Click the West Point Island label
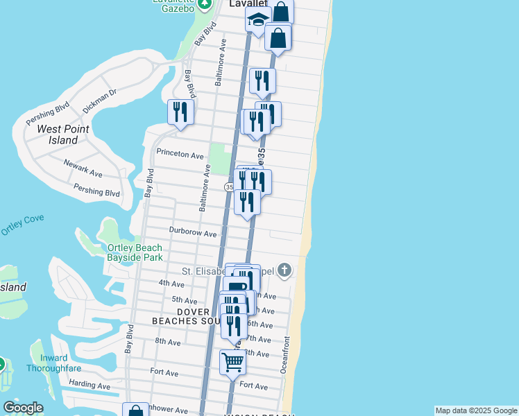coord(58,135)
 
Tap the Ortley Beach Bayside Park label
coord(135,252)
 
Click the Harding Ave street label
coord(90,385)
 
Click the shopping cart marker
coord(232,361)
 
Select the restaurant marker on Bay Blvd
coord(180,112)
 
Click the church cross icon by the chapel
coord(284,270)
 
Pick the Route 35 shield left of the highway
coord(229,187)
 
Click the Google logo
coord(23,408)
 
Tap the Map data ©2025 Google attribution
coord(476,410)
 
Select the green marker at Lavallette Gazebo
coord(204,4)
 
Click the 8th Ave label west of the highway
coord(168,342)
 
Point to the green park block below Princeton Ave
coord(219,158)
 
